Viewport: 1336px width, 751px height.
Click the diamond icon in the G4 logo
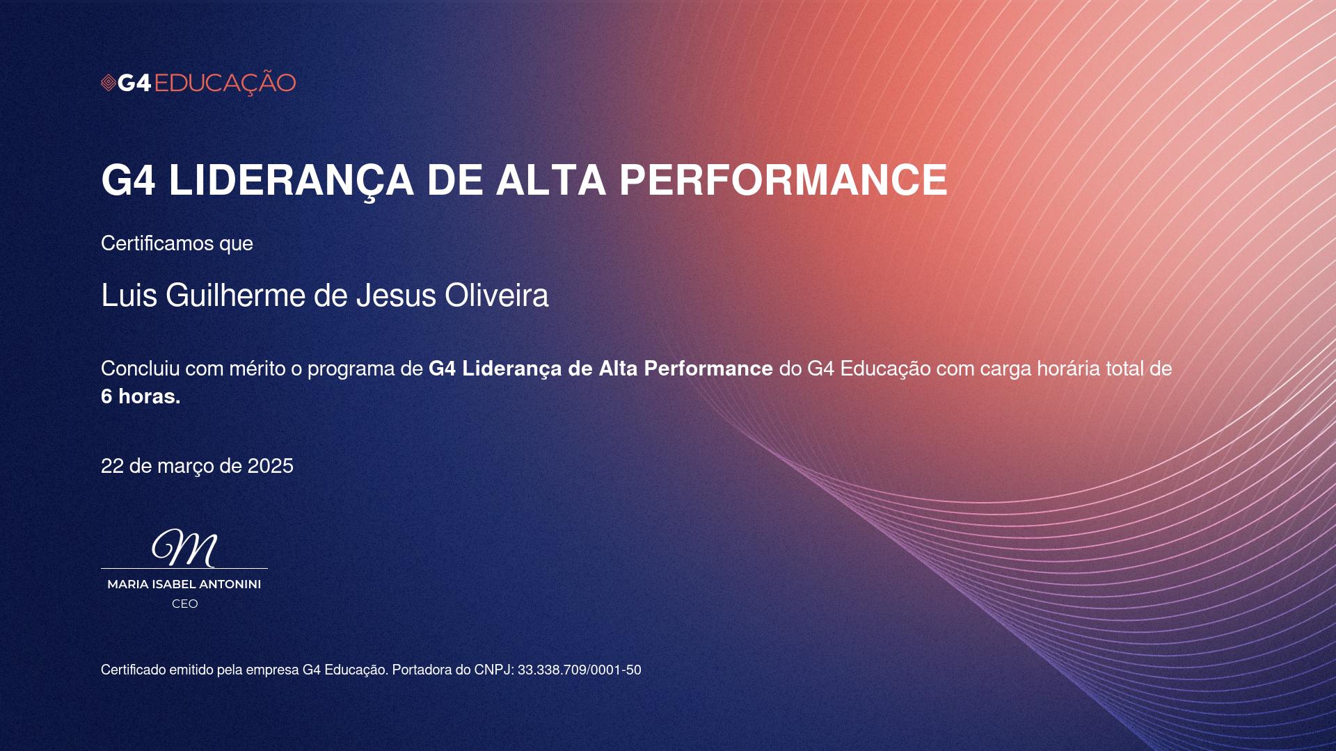[x=109, y=83]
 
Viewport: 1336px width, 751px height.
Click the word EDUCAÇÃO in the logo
[x=225, y=82]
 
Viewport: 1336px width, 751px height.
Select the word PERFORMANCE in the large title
[x=783, y=180]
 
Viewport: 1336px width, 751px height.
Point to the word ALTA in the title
[x=550, y=180]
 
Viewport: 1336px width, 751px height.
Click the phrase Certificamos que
[x=177, y=243]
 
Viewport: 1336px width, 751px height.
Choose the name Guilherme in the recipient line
[x=236, y=296]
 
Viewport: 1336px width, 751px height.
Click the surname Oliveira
[x=497, y=296]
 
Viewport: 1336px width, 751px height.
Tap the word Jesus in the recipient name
[x=396, y=296]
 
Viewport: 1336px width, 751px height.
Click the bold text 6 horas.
[x=141, y=396]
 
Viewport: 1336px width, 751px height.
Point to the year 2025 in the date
[x=271, y=466]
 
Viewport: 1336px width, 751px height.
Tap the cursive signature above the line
[x=184, y=548]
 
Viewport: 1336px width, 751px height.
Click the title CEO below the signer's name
[x=185, y=604]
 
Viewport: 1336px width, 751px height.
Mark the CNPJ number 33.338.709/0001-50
[x=580, y=670]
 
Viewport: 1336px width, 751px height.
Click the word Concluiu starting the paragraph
[x=141, y=369]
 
